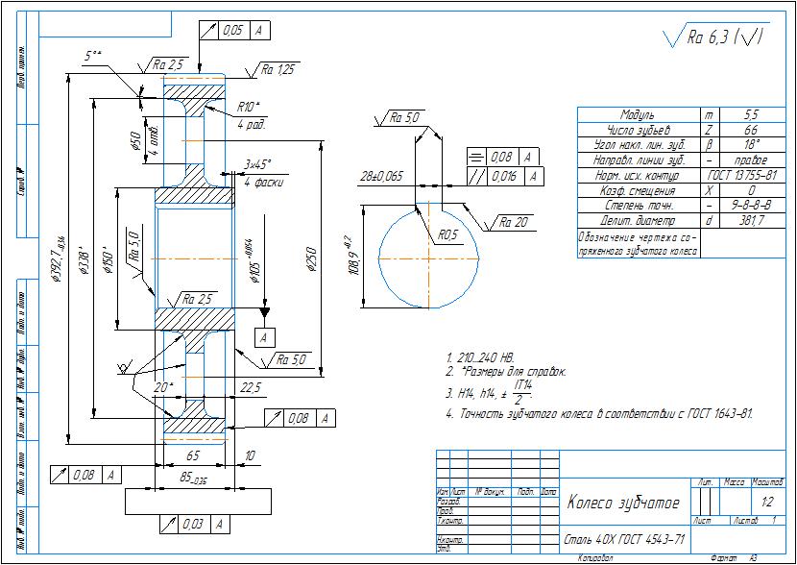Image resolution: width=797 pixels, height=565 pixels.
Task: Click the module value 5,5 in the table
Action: [x=752, y=114]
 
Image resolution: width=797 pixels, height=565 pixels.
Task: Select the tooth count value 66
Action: [x=752, y=130]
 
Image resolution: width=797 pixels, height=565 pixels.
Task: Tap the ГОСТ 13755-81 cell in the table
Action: [x=752, y=176]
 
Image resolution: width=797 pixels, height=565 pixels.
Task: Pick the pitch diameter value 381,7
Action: [x=752, y=221]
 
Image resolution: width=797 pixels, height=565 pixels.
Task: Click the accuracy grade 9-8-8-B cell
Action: [x=752, y=206]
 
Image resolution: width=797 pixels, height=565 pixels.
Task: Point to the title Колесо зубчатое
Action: [x=623, y=503]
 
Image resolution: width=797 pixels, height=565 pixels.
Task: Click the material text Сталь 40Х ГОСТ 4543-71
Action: [x=624, y=538]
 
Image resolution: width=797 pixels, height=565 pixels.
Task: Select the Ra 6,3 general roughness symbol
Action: [x=715, y=37]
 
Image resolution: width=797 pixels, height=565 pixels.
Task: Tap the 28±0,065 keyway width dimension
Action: [x=380, y=178]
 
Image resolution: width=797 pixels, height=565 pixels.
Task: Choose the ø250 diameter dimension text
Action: [x=311, y=258]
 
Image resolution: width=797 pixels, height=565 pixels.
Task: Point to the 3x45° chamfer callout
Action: [x=257, y=164]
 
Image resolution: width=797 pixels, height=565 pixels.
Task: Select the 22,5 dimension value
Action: [x=251, y=386]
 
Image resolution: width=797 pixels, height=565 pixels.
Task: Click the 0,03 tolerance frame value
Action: [x=190, y=525]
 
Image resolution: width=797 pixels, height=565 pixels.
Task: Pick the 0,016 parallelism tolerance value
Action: [x=503, y=176]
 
